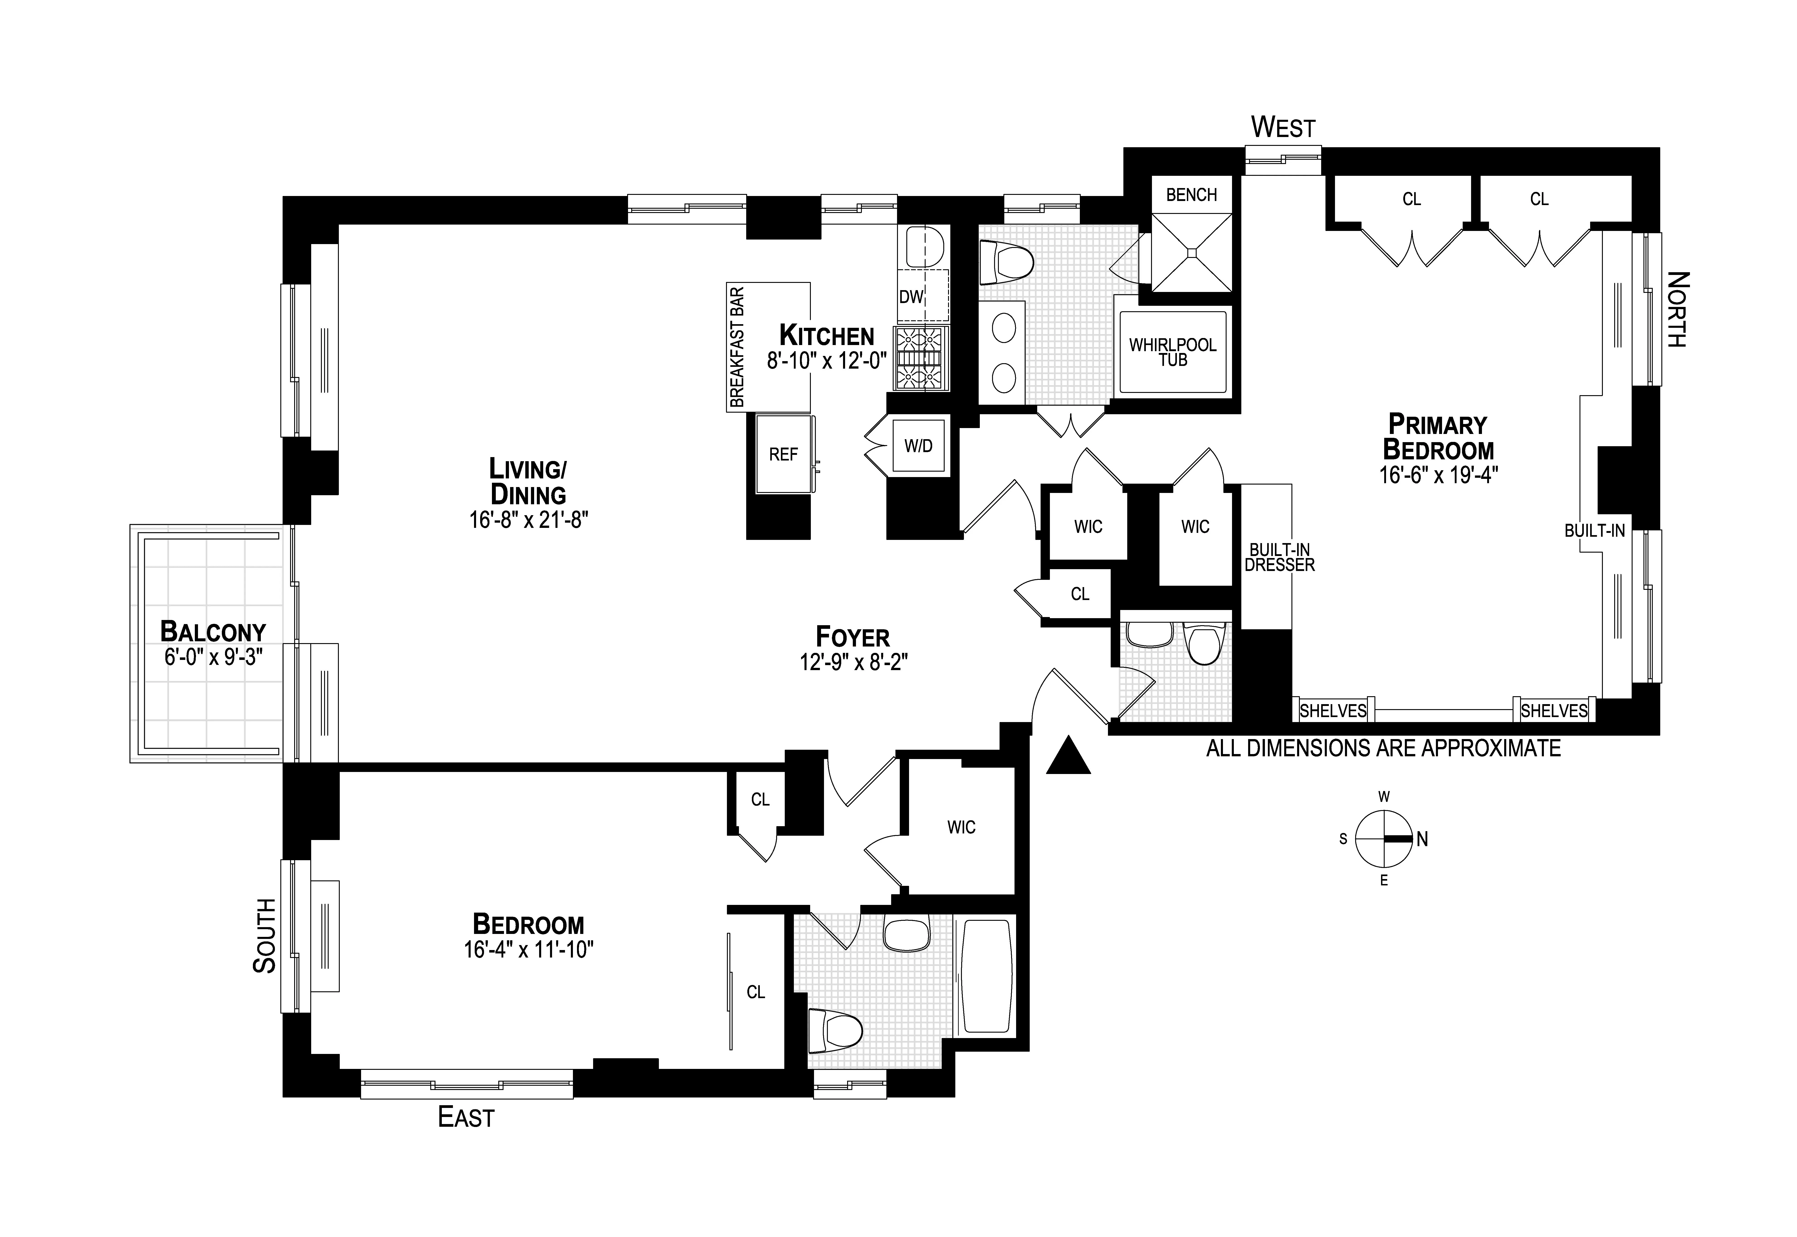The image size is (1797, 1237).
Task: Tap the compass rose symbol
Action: (1383, 839)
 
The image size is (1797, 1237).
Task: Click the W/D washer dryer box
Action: (918, 446)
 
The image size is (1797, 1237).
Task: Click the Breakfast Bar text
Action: (737, 347)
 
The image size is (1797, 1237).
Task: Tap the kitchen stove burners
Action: (922, 358)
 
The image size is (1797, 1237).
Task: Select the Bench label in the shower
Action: (1191, 195)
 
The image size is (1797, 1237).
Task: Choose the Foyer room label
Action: (852, 637)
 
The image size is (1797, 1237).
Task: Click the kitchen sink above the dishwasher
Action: (924, 246)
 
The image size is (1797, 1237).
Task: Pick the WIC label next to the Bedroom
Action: (961, 828)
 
